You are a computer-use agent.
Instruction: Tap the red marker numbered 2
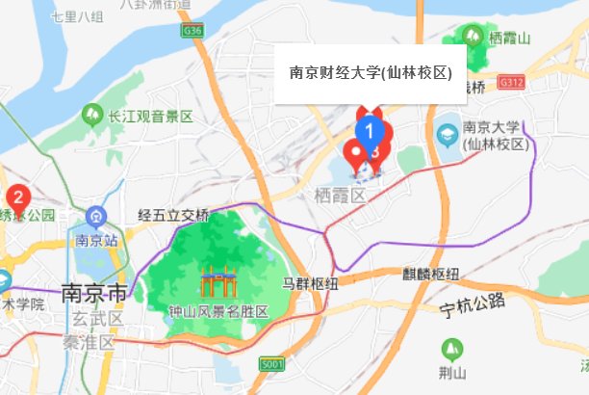(x=16, y=197)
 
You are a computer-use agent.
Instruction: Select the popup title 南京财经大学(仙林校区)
(x=371, y=73)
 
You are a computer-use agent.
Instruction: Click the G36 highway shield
(x=192, y=31)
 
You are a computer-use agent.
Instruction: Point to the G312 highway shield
(x=512, y=84)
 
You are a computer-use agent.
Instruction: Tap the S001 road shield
(x=272, y=364)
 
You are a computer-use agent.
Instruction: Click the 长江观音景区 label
(x=150, y=117)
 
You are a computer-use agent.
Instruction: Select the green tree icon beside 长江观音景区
(x=93, y=117)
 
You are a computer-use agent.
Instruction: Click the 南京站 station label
(x=96, y=239)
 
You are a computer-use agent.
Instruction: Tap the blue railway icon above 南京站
(x=95, y=216)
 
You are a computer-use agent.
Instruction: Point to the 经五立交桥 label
(x=173, y=214)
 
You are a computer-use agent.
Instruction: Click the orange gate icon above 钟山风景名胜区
(x=218, y=283)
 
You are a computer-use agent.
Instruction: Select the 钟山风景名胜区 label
(x=218, y=312)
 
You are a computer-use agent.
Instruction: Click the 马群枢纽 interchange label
(x=310, y=283)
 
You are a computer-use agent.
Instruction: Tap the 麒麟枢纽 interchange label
(x=431, y=273)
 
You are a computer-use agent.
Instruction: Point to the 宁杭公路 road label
(x=473, y=305)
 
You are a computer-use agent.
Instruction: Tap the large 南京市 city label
(x=93, y=292)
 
